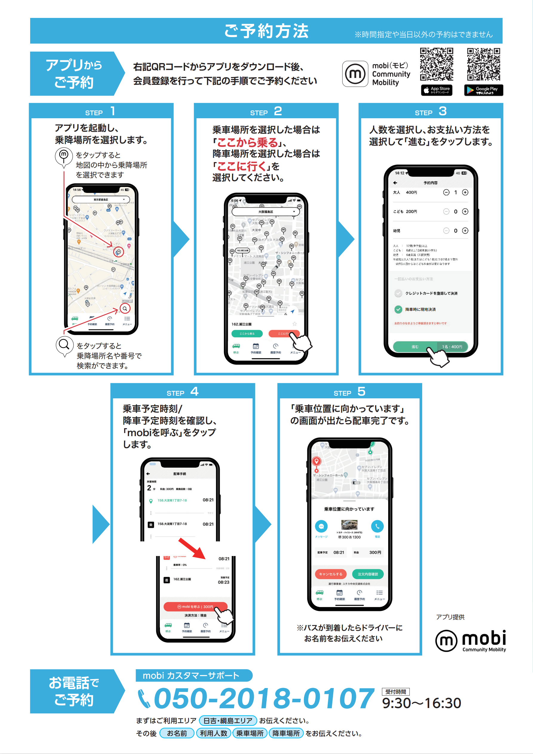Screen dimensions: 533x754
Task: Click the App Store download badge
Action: click(x=437, y=90)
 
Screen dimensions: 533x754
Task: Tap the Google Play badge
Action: click(x=483, y=90)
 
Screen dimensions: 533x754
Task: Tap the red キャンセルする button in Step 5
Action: click(x=330, y=574)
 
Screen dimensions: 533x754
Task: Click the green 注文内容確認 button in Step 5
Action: click(x=368, y=574)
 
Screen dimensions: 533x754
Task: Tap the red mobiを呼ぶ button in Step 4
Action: click(x=195, y=606)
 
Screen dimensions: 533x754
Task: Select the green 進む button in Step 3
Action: click(x=415, y=347)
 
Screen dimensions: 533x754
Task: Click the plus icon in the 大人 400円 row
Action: click(x=465, y=192)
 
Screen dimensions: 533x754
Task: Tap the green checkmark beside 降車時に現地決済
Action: click(x=398, y=309)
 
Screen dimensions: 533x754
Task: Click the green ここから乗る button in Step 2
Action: click(x=247, y=334)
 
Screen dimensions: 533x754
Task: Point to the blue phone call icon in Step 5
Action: click(x=377, y=526)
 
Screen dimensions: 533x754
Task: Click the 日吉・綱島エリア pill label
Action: click(x=228, y=721)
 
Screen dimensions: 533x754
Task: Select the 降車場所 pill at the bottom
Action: click(x=286, y=733)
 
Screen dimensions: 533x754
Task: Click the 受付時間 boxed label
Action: click(x=395, y=692)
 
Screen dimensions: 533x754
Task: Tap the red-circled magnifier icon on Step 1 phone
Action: click(x=125, y=308)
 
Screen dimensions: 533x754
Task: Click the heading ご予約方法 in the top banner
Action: click(x=266, y=31)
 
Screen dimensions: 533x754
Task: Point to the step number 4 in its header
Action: click(x=194, y=391)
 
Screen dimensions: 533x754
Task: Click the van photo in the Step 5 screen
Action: click(x=349, y=525)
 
